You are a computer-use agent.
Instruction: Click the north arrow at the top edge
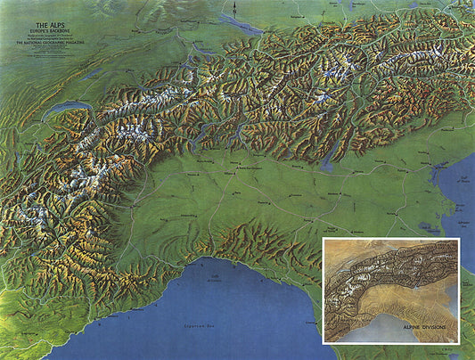point(232,9)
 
